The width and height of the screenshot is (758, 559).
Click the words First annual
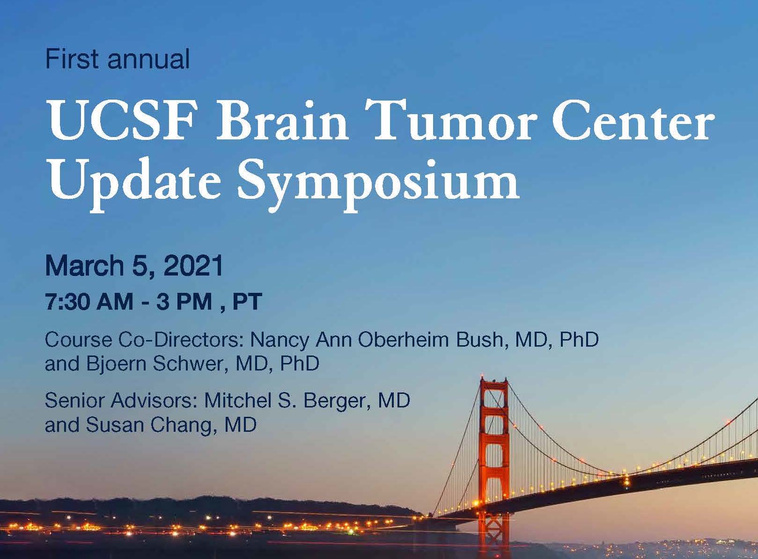pyautogui.click(x=117, y=60)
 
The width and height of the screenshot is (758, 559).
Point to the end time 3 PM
pyautogui.click(x=184, y=302)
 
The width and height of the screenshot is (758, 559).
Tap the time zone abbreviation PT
pyautogui.click(x=247, y=302)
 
